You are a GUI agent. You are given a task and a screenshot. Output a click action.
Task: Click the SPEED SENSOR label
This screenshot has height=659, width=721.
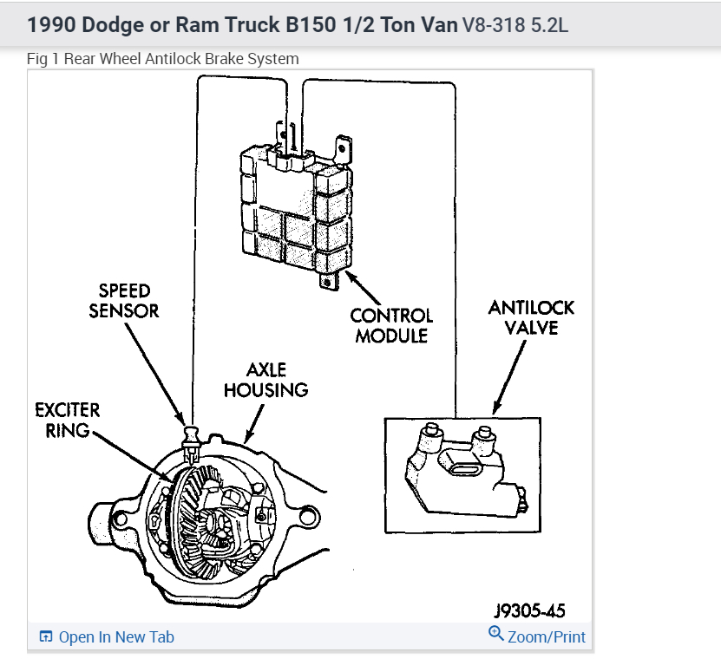point(124,299)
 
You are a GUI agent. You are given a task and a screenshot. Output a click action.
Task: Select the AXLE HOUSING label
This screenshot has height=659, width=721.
point(266,381)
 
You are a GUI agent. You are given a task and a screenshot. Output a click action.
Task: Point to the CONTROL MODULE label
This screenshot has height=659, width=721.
point(391,325)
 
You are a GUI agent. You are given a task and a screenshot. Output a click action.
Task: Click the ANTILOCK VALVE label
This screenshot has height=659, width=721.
point(531,317)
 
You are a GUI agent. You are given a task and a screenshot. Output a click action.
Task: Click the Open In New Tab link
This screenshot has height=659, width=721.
point(116,637)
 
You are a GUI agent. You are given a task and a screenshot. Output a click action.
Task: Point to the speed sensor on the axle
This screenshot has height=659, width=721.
point(190,438)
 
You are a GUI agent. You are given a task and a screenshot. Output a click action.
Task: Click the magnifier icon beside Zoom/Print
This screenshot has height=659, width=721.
point(496,634)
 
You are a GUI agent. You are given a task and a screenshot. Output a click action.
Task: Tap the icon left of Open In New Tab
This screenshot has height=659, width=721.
point(47,637)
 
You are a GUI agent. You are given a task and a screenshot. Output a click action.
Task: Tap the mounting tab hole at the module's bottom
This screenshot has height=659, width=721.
point(327,281)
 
